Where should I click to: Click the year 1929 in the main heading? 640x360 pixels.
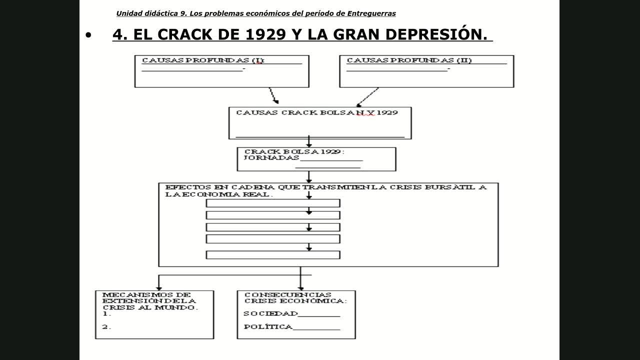click(x=265, y=34)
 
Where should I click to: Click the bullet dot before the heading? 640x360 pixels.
click(x=89, y=35)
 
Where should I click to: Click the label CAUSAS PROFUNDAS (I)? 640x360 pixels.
click(x=203, y=60)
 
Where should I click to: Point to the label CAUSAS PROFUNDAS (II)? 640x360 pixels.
click(x=409, y=60)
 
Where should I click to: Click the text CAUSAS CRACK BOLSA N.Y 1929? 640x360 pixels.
click(x=317, y=112)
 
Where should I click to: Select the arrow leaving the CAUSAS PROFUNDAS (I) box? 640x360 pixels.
click(x=273, y=95)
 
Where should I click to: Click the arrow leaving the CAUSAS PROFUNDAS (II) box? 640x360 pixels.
click(x=367, y=96)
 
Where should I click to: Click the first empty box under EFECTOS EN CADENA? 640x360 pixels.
click(x=273, y=203)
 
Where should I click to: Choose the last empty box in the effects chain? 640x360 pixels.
click(x=273, y=255)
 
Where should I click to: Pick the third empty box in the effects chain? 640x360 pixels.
click(x=273, y=227)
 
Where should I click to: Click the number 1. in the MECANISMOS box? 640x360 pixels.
click(x=106, y=314)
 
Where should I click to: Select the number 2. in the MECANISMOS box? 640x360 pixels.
click(x=106, y=327)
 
